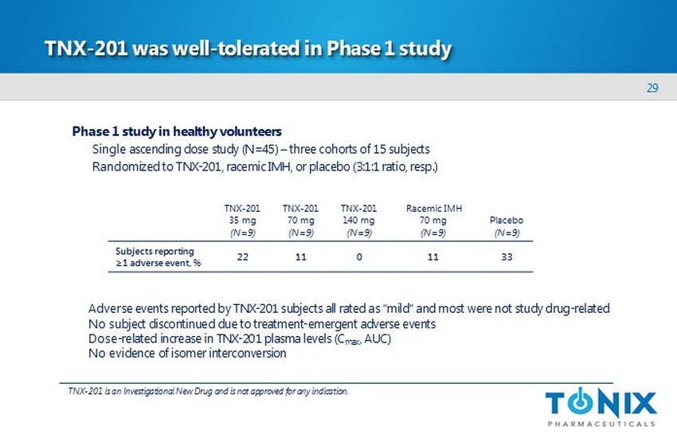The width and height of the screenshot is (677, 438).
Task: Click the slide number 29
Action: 652,88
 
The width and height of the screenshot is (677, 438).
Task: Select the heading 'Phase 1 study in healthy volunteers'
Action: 177,131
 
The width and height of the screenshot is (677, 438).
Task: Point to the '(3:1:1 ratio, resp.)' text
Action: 395,166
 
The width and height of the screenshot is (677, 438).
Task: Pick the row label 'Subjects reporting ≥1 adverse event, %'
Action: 158,256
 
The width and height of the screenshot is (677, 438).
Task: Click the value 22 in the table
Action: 243,256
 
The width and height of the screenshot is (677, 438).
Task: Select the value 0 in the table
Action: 359,256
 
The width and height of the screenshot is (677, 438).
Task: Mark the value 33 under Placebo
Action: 507,256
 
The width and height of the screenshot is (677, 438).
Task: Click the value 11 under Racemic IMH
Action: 433,256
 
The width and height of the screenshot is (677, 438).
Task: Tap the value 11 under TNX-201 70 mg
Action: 301,256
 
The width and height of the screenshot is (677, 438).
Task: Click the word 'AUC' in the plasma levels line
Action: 378,338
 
